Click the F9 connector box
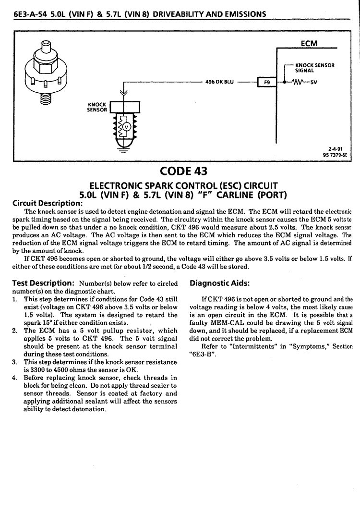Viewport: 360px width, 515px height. pos(267,82)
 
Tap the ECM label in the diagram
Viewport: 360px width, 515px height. pos(309,43)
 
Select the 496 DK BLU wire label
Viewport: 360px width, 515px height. pos(219,82)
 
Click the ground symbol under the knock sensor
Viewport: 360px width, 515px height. pos(123,151)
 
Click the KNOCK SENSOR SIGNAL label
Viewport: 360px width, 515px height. pos(314,68)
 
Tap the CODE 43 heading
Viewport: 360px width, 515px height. pos(183,171)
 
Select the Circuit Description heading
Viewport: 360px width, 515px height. pos(48,203)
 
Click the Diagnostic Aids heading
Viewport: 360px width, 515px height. pos(219,283)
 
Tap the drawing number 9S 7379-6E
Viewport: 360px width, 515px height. pos(335,155)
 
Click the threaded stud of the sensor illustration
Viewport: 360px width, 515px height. pos(46,98)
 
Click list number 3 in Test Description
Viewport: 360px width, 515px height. pos(14,362)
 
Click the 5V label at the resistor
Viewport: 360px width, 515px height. pos(313,82)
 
